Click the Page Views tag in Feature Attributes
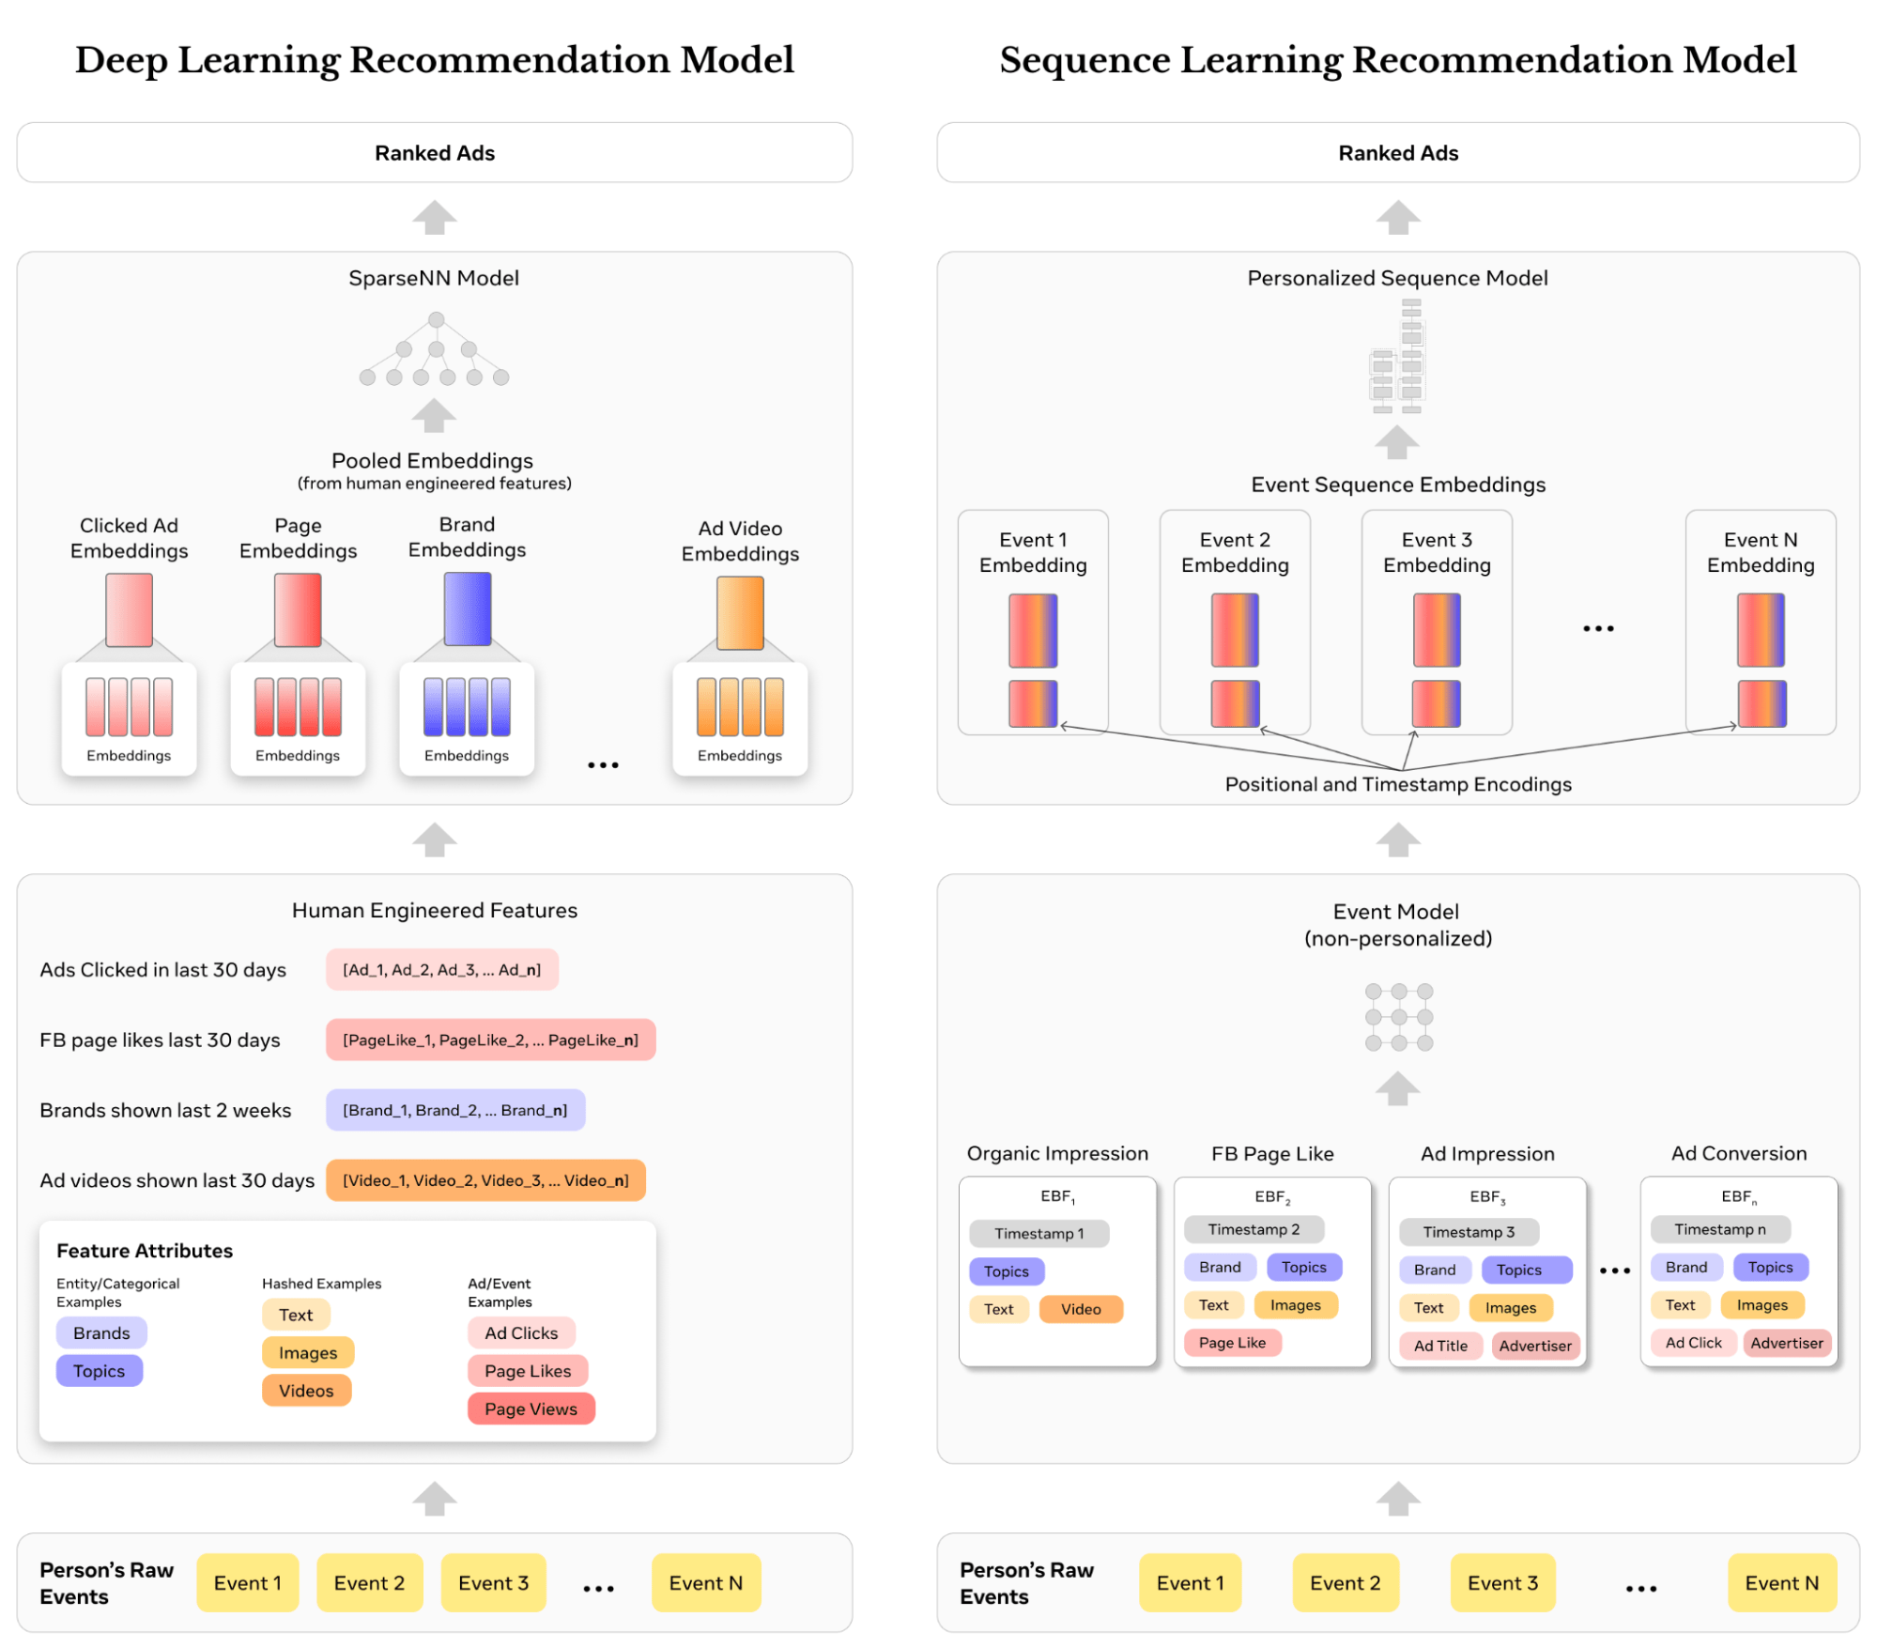(x=531, y=1409)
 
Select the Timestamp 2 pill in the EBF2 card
(x=1254, y=1229)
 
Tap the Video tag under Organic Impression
(x=1081, y=1309)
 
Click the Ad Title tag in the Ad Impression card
(x=1440, y=1346)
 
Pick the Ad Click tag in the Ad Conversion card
(x=1693, y=1343)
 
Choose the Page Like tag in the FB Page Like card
(x=1232, y=1343)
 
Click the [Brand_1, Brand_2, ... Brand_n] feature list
(x=455, y=1110)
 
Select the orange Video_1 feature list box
(x=485, y=1180)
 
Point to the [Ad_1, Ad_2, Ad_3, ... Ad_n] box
(x=441, y=970)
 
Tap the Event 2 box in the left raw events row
(x=369, y=1583)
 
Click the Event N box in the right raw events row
(x=1781, y=1583)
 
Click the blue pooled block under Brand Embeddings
(x=468, y=609)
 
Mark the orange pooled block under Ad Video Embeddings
(x=740, y=613)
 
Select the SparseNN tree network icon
(x=434, y=350)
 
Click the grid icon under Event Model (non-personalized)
(x=1398, y=1017)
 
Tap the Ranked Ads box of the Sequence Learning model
(x=1397, y=153)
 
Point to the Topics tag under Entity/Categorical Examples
(x=99, y=1371)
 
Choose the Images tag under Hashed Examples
(x=307, y=1353)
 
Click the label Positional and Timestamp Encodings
(x=1397, y=784)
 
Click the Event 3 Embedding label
(x=1437, y=552)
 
